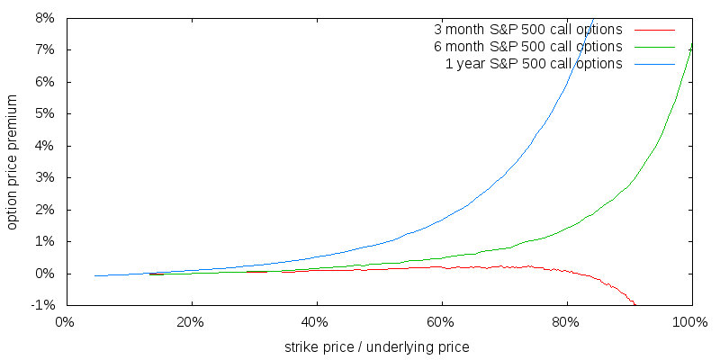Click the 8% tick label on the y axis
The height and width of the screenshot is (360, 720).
click(44, 18)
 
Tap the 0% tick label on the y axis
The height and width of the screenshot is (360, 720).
click(44, 274)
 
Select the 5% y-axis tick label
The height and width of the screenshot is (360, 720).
click(44, 114)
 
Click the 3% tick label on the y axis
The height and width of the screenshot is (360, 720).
click(44, 178)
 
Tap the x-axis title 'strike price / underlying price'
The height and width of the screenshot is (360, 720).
click(376, 346)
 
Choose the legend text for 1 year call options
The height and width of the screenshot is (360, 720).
click(534, 63)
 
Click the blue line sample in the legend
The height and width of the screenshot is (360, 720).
click(653, 30)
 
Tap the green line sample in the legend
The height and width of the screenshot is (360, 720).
click(653, 47)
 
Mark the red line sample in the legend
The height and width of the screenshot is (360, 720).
click(653, 64)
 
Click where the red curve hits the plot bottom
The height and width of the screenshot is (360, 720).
click(635, 304)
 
